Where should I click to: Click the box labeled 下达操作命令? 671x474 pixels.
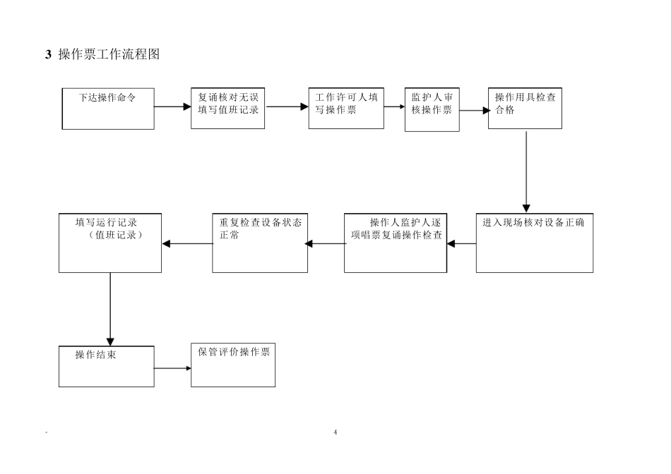pos(108,109)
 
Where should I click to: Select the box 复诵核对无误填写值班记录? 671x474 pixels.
pos(228,109)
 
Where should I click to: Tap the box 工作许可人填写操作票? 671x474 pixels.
pos(346,109)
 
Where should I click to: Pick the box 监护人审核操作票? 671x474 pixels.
pos(432,110)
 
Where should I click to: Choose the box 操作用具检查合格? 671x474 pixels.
pos(525,109)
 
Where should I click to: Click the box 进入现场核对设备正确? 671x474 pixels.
pos(534,242)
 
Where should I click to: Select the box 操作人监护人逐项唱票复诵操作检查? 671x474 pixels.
pos(396,242)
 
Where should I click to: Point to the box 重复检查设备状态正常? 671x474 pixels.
pos(260,242)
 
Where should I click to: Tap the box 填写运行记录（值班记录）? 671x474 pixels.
pos(109,242)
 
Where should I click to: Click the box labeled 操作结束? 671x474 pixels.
pos(106,366)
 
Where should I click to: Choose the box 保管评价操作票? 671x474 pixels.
pos(233,365)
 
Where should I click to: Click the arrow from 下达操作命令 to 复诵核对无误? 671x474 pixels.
pos(172,107)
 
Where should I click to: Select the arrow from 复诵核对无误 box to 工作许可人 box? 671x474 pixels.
pos(287,107)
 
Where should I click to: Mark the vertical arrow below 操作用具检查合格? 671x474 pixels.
pos(526,170)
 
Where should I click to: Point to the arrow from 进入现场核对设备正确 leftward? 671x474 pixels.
pos(461,244)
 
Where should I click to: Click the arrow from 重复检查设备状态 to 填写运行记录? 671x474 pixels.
pos(187,244)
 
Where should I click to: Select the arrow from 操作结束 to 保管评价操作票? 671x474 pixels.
pos(172,368)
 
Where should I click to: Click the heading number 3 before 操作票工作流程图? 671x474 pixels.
pos(48,54)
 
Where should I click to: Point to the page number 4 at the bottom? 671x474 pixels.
pos(335,432)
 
